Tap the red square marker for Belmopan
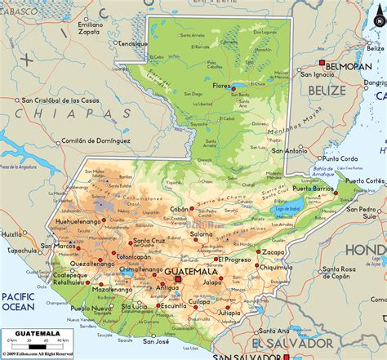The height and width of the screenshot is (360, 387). pos(322,63)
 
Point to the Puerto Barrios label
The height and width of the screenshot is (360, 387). pos(314,189)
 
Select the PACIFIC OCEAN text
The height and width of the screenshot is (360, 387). pos(17,301)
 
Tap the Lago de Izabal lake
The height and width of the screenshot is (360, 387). pos(282,209)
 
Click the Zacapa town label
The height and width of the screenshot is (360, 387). pos(271,252)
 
